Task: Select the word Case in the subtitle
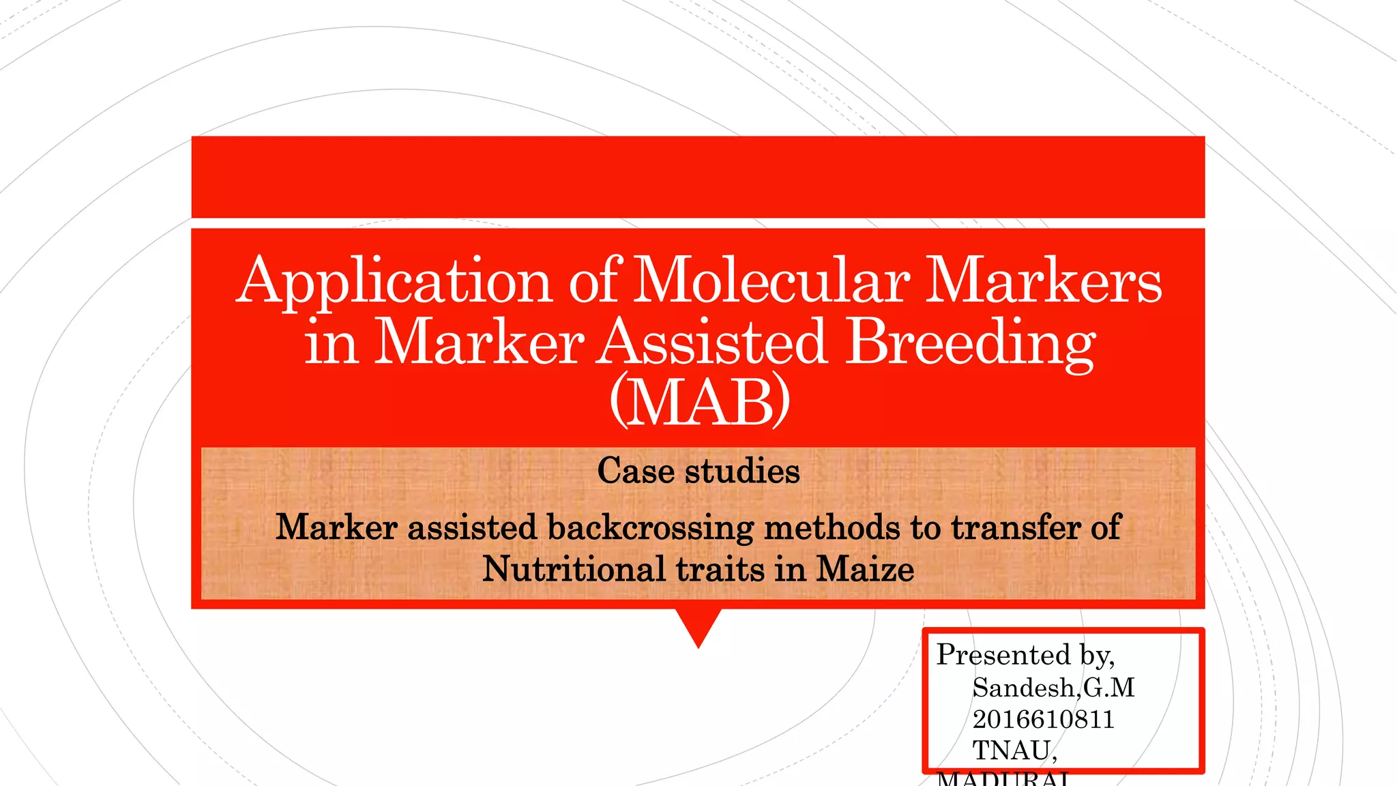click(635, 471)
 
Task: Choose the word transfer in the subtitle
click(1016, 527)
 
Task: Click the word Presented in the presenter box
click(1003, 655)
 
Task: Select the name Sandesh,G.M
click(1053, 688)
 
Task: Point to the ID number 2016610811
click(1043, 719)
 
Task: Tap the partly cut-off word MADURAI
click(1003, 778)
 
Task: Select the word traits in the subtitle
click(720, 569)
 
